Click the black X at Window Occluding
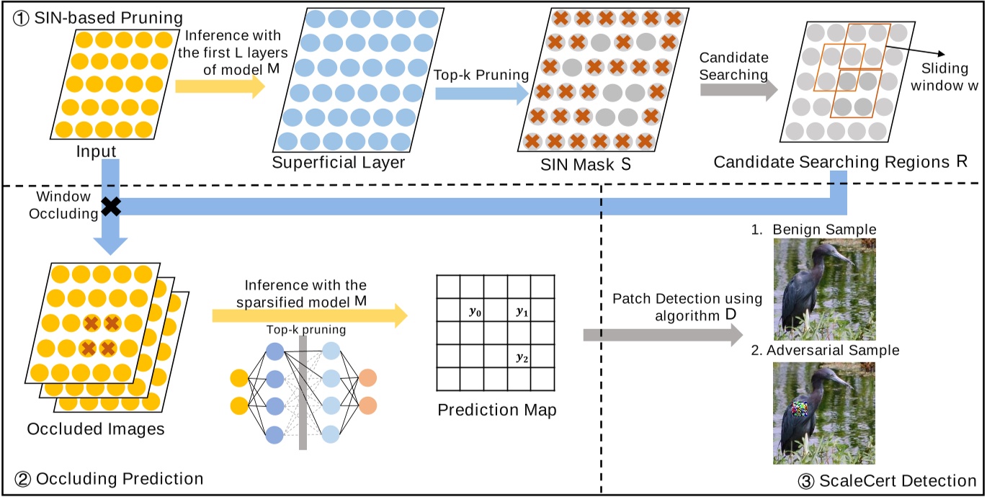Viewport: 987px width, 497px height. tap(110, 207)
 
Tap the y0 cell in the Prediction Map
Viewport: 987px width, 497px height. tap(473, 312)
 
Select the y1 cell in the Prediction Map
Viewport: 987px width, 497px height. tap(520, 312)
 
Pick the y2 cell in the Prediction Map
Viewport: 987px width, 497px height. tap(520, 357)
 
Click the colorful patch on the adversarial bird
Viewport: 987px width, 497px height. tap(800, 410)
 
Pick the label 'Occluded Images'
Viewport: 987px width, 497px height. tap(96, 430)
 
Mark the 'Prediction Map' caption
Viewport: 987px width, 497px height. tap(496, 411)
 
